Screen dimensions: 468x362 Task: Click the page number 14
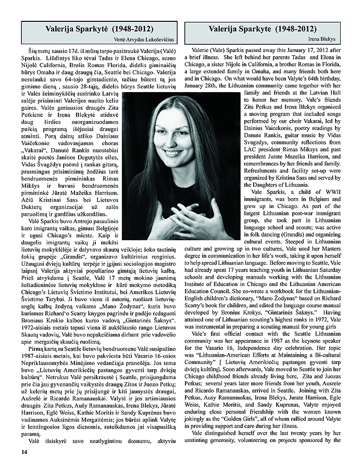24,451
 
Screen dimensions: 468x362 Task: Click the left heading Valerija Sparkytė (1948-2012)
99,29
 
